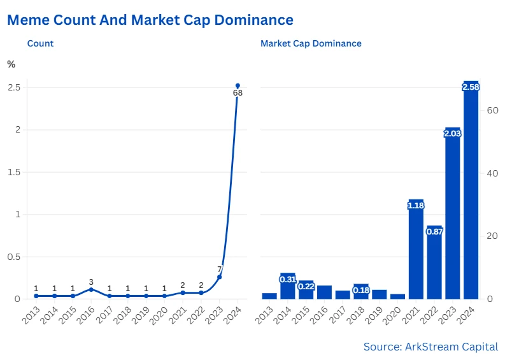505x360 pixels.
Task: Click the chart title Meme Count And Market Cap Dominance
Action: click(150, 20)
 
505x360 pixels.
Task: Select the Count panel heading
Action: click(40, 44)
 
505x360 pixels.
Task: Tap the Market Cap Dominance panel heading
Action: click(311, 44)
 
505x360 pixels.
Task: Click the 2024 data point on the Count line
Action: click(238, 85)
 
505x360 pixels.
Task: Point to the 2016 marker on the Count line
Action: click(91, 289)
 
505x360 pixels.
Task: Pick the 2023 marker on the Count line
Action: click(220, 277)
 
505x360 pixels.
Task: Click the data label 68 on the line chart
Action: click(238, 93)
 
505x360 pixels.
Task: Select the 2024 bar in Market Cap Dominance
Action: click(471, 191)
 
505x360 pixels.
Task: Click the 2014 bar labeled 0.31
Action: click(288, 287)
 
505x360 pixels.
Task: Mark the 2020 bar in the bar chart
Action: click(397, 296)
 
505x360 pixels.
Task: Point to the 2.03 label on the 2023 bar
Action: click(452, 133)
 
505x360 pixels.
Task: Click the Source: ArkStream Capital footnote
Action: click(430, 347)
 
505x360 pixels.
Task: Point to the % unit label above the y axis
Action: click(11, 64)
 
